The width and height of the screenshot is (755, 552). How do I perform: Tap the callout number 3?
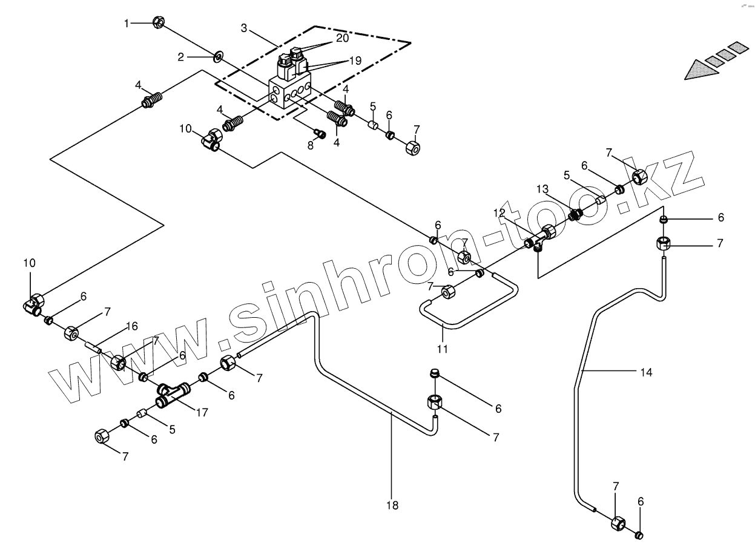pyautogui.click(x=243, y=28)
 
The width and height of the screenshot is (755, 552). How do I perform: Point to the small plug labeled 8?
pyautogui.click(x=320, y=133)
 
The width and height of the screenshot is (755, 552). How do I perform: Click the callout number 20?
pyautogui.click(x=343, y=38)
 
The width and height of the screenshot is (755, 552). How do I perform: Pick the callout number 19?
pyautogui.click(x=355, y=61)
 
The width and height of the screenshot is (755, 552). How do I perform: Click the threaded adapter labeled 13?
pyautogui.click(x=576, y=214)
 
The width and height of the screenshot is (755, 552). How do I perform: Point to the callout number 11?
pyautogui.click(x=443, y=349)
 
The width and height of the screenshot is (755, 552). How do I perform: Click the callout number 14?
pyautogui.click(x=647, y=373)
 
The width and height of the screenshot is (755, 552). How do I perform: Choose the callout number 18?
pyautogui.click(x=393, y=505)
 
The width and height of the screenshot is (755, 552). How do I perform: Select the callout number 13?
pyautogui.click(x=542, y=189)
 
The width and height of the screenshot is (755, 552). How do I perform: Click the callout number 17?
pyautogui.click(x=202, y=413)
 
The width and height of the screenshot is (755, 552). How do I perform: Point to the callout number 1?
pyautogui.click(x=127, y=23)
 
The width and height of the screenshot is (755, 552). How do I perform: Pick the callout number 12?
pyautogui.click(x=499, y=212)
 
